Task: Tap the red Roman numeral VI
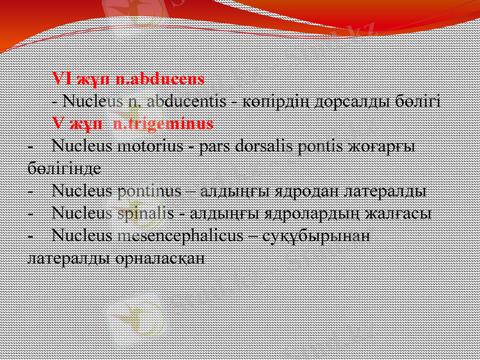(x=61, y=79)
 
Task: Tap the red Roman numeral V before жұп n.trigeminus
(x=58, y=124)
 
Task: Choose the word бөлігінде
(x=64, y=169)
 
